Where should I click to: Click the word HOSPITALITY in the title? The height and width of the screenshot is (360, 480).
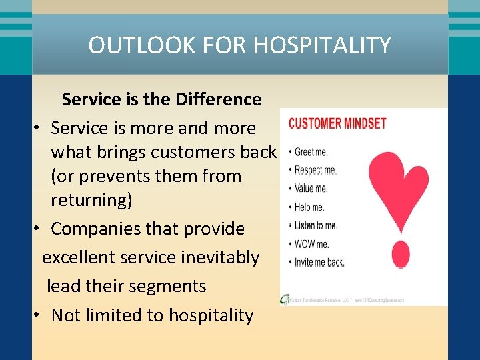pos(323,45)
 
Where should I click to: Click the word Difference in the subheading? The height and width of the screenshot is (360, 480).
pos(219,99)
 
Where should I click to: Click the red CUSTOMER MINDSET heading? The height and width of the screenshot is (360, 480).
pos(337,123)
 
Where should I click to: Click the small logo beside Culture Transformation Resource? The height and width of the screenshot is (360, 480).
pos(285,299)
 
